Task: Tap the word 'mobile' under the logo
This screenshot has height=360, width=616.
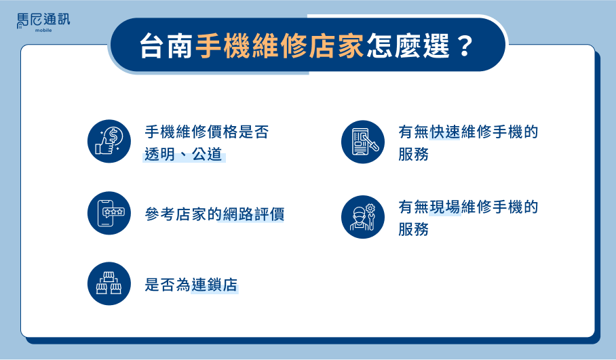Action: [x=43, y=31]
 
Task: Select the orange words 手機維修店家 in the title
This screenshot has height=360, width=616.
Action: [x=279, y=46]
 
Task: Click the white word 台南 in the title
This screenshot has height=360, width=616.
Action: [x=166, y=46]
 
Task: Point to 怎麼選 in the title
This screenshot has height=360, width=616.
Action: [x=408, y=46]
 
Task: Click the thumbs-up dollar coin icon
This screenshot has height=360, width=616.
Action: [x=109, y=141]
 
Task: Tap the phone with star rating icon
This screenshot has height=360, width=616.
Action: [x=109, y=213]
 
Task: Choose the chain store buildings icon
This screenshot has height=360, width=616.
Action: [x=109, y=283]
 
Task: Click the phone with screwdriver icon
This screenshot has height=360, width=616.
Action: [x=362, y=142]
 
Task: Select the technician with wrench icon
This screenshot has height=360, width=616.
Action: [x=362, y=217]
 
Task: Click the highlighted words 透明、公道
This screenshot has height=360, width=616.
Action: [x=183, y=155]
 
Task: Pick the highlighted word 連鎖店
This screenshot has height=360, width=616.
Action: [x=214, y=285]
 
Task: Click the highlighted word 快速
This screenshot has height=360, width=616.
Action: [x=445, y=132]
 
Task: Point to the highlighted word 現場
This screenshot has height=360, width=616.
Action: [x=445, y=207]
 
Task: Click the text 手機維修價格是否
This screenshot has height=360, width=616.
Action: [x=207, y=132]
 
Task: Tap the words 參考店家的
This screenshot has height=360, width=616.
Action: [x=183, y=214]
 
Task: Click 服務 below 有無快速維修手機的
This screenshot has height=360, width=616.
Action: [x=413, y=155]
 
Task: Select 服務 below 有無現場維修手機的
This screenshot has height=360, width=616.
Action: [x=413, y=229]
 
